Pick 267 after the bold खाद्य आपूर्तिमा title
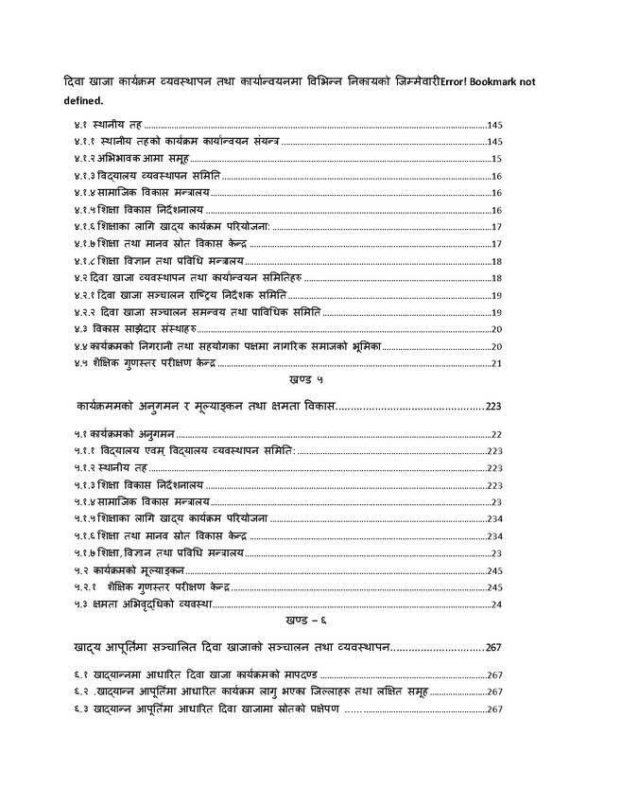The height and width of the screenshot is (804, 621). tap(496, 648)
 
